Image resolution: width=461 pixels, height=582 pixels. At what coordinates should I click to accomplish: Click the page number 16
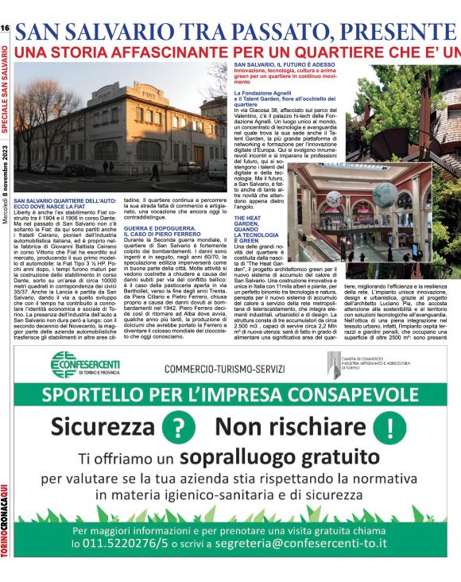[5, 28]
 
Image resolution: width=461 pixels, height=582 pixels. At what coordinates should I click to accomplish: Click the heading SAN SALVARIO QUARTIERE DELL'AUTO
[64, 204]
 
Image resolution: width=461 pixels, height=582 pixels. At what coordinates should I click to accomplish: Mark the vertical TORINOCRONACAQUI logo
[6, 533]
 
